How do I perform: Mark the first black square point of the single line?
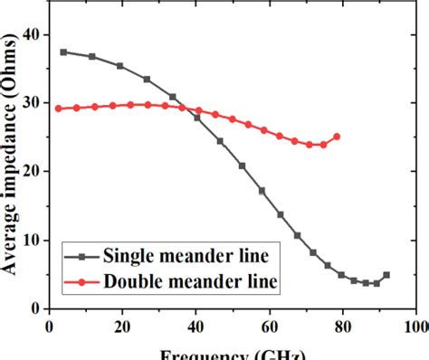(x=63, y=52)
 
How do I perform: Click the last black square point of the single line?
(x=386, y=275)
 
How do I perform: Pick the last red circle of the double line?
(x=337, y=137)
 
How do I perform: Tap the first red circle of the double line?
(x=58, y=109)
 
